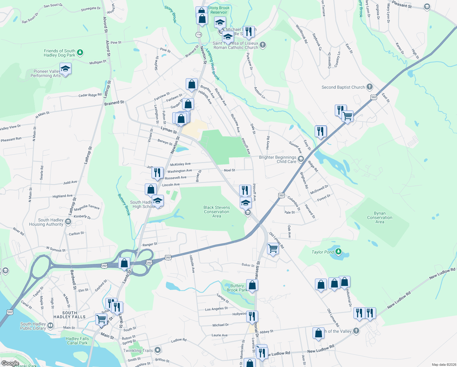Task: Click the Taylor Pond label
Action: [323, 252]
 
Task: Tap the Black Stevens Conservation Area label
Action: [217, 212]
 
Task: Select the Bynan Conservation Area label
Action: [380, 217]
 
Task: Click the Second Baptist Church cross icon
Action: [369, 87]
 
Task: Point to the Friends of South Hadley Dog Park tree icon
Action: [80, 53]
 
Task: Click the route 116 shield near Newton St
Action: [199, 35]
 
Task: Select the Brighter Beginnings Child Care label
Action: [278, 159]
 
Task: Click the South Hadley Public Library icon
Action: [50, 326]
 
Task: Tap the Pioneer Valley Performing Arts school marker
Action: [65, 69]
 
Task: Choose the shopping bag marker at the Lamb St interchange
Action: [124, 263]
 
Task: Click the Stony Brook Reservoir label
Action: [219, 10]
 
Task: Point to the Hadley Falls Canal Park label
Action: [77, 341]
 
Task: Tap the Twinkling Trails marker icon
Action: [158, 350]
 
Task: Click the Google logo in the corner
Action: [10, 363]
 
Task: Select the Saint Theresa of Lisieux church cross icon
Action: [262, 45]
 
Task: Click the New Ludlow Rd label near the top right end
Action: [442, 273]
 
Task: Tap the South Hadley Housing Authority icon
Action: [68, 222]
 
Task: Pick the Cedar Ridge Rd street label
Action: [90, 95]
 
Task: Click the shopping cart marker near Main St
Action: [101, 319]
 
